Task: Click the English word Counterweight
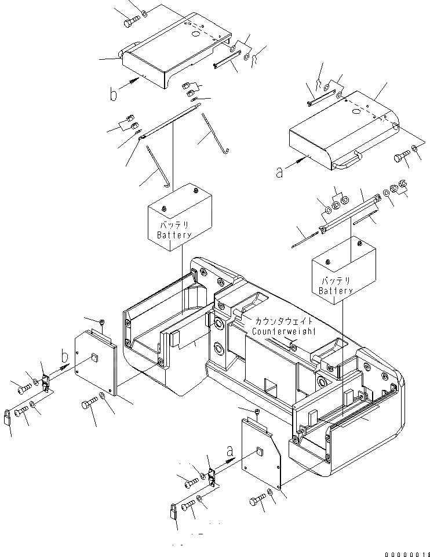284,331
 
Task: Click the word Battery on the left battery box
174,235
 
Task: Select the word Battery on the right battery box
335,290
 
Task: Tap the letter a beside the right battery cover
280,172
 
